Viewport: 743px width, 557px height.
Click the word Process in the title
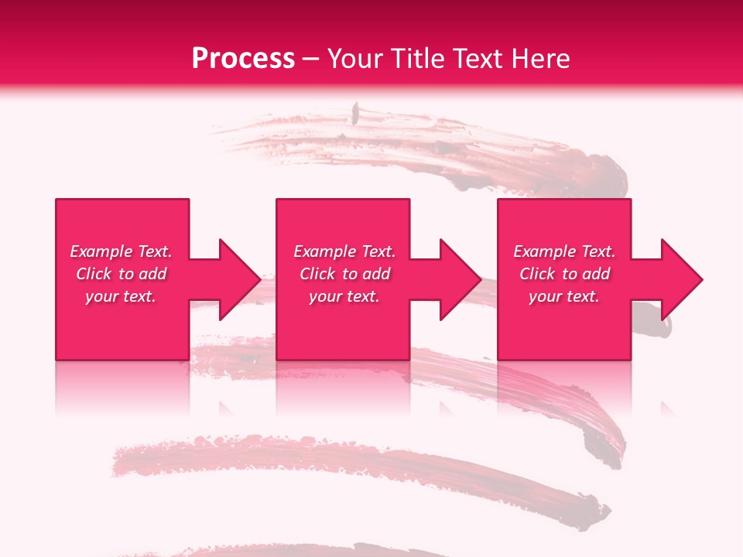[x=243, y=58]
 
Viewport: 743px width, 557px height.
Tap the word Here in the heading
[x=541, y=58]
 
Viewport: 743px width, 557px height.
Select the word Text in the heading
[x=480, y=58]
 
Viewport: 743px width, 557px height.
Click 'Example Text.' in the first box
[x=121, y=251]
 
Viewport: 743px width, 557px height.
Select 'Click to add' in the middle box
[x=344, y=274]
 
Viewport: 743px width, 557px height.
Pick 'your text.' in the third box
[x=564, y=296]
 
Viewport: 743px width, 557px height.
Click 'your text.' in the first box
[x=121, y=296]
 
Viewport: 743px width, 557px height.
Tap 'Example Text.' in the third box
[x=564, y=251]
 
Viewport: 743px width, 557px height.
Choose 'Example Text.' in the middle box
[x=344, y=251]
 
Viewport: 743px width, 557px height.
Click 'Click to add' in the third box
[x=564, y=274]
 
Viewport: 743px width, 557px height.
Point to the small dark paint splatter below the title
[x=355, y=114]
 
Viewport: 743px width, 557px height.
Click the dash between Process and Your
[x=310, y=59]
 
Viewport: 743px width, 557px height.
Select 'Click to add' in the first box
[x=121, y=274]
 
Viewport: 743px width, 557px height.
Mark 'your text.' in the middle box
[x=344, y=296]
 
